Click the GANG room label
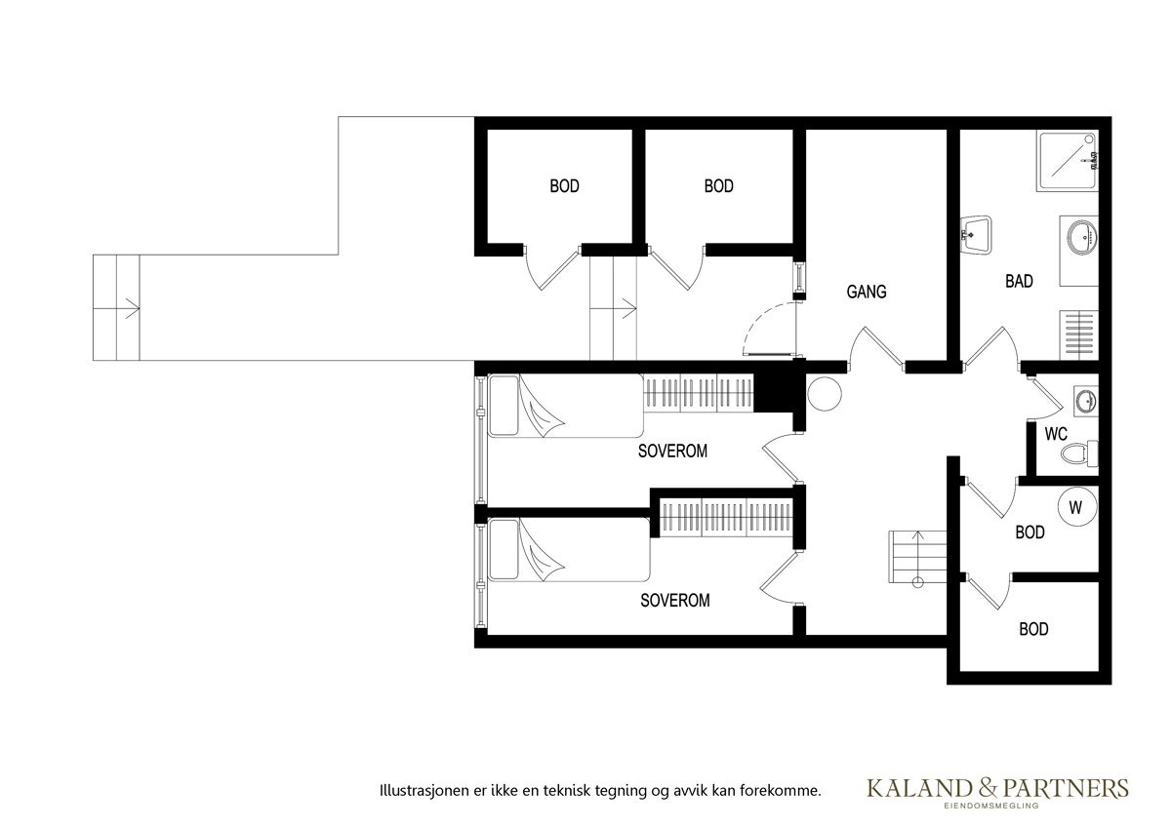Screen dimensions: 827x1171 (867, 292)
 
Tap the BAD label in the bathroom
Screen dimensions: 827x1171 (1019, 282)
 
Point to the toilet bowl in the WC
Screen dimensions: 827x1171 (1078, 453)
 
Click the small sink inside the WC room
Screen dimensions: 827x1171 (1086, 400)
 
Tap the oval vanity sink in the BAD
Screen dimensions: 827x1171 (1081, 236)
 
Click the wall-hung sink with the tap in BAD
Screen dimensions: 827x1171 (976, 234)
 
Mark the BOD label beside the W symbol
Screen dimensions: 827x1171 (1030, 532)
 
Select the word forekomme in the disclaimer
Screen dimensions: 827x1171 (786, 790)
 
